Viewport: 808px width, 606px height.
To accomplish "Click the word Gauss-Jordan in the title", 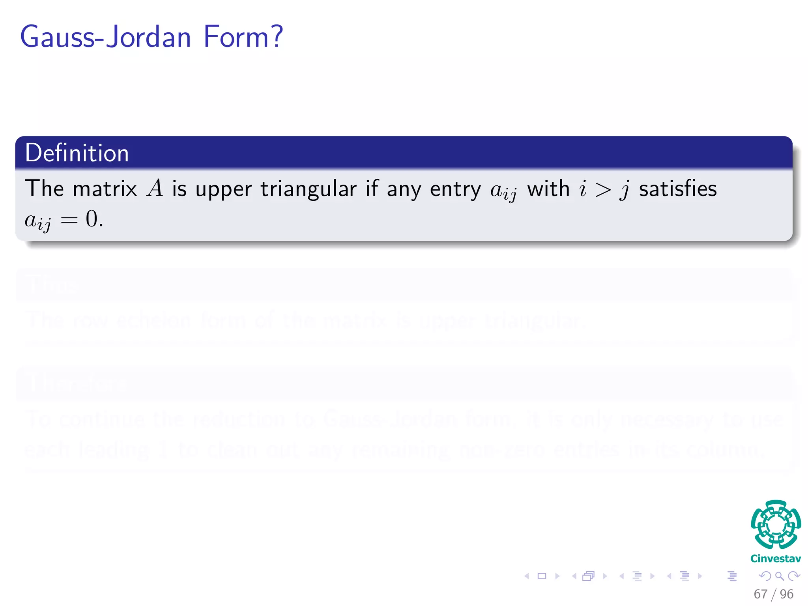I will click(x=105, y=37).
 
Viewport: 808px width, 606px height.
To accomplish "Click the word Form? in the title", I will click(x=243, y=37).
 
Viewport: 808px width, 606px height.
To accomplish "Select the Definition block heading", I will click(x=77, y=153).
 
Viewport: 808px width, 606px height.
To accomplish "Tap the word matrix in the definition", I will click(x=105, y=189).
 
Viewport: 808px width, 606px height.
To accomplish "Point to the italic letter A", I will click(x=155, y=189).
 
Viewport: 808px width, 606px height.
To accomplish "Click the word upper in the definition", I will click(x=223, y=189).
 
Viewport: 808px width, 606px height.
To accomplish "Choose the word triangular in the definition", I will click(x=309, y=189).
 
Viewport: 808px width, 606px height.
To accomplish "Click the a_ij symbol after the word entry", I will click(x=503, y=191).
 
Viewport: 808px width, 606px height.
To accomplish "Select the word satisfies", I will click(x=678, y=189).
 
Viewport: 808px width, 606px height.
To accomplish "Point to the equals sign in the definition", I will click(x=69, y=220).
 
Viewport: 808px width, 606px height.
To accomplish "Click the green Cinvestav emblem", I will click(x=776, y=524).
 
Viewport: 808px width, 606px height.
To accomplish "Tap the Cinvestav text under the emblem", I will click(x=776, y=559).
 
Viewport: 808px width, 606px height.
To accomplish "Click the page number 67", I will click(x=760, y=594).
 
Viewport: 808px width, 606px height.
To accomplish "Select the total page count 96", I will click(x=786, y=594).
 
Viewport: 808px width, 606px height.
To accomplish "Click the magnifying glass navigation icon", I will click(x=779, y=576).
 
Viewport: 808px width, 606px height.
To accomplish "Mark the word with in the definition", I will click(x=548, y=189).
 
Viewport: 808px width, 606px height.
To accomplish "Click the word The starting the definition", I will click(x=44, y=189).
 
